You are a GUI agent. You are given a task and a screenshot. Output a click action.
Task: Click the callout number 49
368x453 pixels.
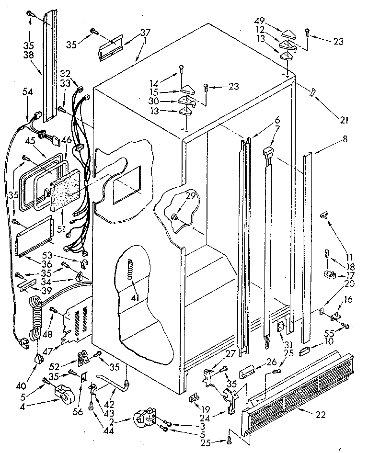point(260,23)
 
